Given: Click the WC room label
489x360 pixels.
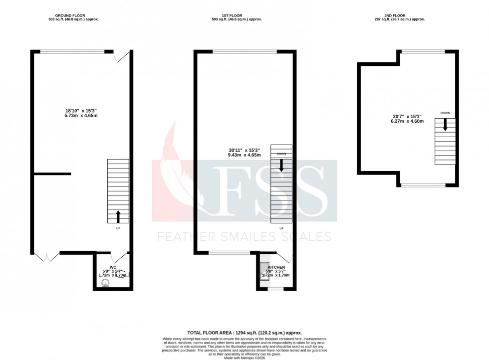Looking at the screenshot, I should (x=113, y=267).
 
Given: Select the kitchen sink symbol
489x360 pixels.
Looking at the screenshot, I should (x=264, y=269).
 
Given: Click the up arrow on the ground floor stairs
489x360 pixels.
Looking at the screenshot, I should (x=118, y=216).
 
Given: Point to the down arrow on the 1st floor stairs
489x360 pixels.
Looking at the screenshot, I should (x=281, y=166).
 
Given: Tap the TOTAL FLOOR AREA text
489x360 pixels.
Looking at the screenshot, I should (x=244, y=332).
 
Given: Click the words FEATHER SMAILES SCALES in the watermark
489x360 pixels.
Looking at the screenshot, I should (x=244, y=236).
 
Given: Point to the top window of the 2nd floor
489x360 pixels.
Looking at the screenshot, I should (x=423, y=51).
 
